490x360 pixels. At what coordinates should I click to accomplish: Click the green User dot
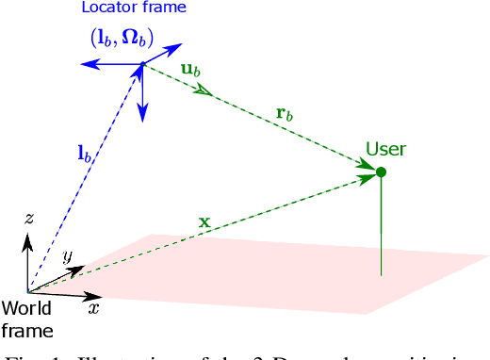(381, 172)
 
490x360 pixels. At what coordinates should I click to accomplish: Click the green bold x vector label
(204, 221)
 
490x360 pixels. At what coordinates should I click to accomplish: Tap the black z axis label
(29, 218)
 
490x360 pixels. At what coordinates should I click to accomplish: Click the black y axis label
(67, 256)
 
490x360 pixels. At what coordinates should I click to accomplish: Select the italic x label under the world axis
(93, 307)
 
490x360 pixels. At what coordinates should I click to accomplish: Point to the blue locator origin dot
(142, 65)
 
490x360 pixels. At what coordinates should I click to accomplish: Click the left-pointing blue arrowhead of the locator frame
(82, 64)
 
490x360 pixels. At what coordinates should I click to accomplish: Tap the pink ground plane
(283, 269)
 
